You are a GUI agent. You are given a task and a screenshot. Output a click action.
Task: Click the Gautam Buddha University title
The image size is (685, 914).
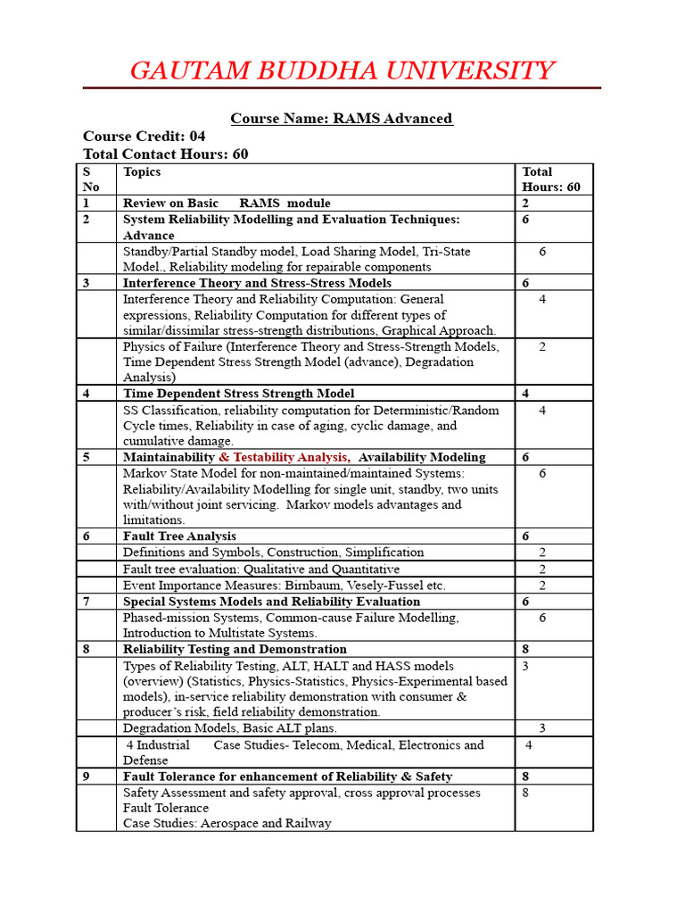click(342, 71)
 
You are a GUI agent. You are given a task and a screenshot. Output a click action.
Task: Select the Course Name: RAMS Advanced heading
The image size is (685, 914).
click(342, 118)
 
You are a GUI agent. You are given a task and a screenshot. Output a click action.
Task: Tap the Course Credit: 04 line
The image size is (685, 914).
click(144, 136)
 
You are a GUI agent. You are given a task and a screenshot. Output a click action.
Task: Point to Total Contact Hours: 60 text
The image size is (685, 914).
click(165, 154)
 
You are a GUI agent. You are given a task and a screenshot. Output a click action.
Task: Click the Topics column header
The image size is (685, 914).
click(142, 171)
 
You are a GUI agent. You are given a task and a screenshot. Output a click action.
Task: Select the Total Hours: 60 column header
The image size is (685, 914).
click(550, 179)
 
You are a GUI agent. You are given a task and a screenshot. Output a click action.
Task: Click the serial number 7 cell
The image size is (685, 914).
click(87, 602)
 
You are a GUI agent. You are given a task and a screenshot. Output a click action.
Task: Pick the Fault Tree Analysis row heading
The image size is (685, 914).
click(179, 536)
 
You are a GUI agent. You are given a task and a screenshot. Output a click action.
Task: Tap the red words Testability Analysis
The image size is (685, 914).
click(291, 457)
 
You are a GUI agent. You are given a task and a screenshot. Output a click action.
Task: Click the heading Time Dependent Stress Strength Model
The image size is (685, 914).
click(238, 393)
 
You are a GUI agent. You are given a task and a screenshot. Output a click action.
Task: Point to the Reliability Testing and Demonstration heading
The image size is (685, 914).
click(235, 649)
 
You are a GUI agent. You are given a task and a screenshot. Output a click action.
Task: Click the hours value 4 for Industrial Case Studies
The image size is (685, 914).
click(529, 744)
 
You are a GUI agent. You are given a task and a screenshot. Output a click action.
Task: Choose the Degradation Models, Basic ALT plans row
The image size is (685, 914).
click(230, 728)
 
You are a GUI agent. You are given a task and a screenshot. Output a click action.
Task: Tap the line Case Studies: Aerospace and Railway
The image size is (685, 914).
click(227, 823)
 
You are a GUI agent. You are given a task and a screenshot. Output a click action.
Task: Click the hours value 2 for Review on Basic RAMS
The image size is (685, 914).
click(525, 204)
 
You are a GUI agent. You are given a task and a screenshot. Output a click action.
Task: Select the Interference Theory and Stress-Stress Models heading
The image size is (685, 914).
click(257, 282)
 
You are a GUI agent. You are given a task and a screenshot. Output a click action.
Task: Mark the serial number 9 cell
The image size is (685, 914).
click(87, 777)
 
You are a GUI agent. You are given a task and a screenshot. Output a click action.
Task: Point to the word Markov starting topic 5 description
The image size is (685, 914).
click(143, 473)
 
